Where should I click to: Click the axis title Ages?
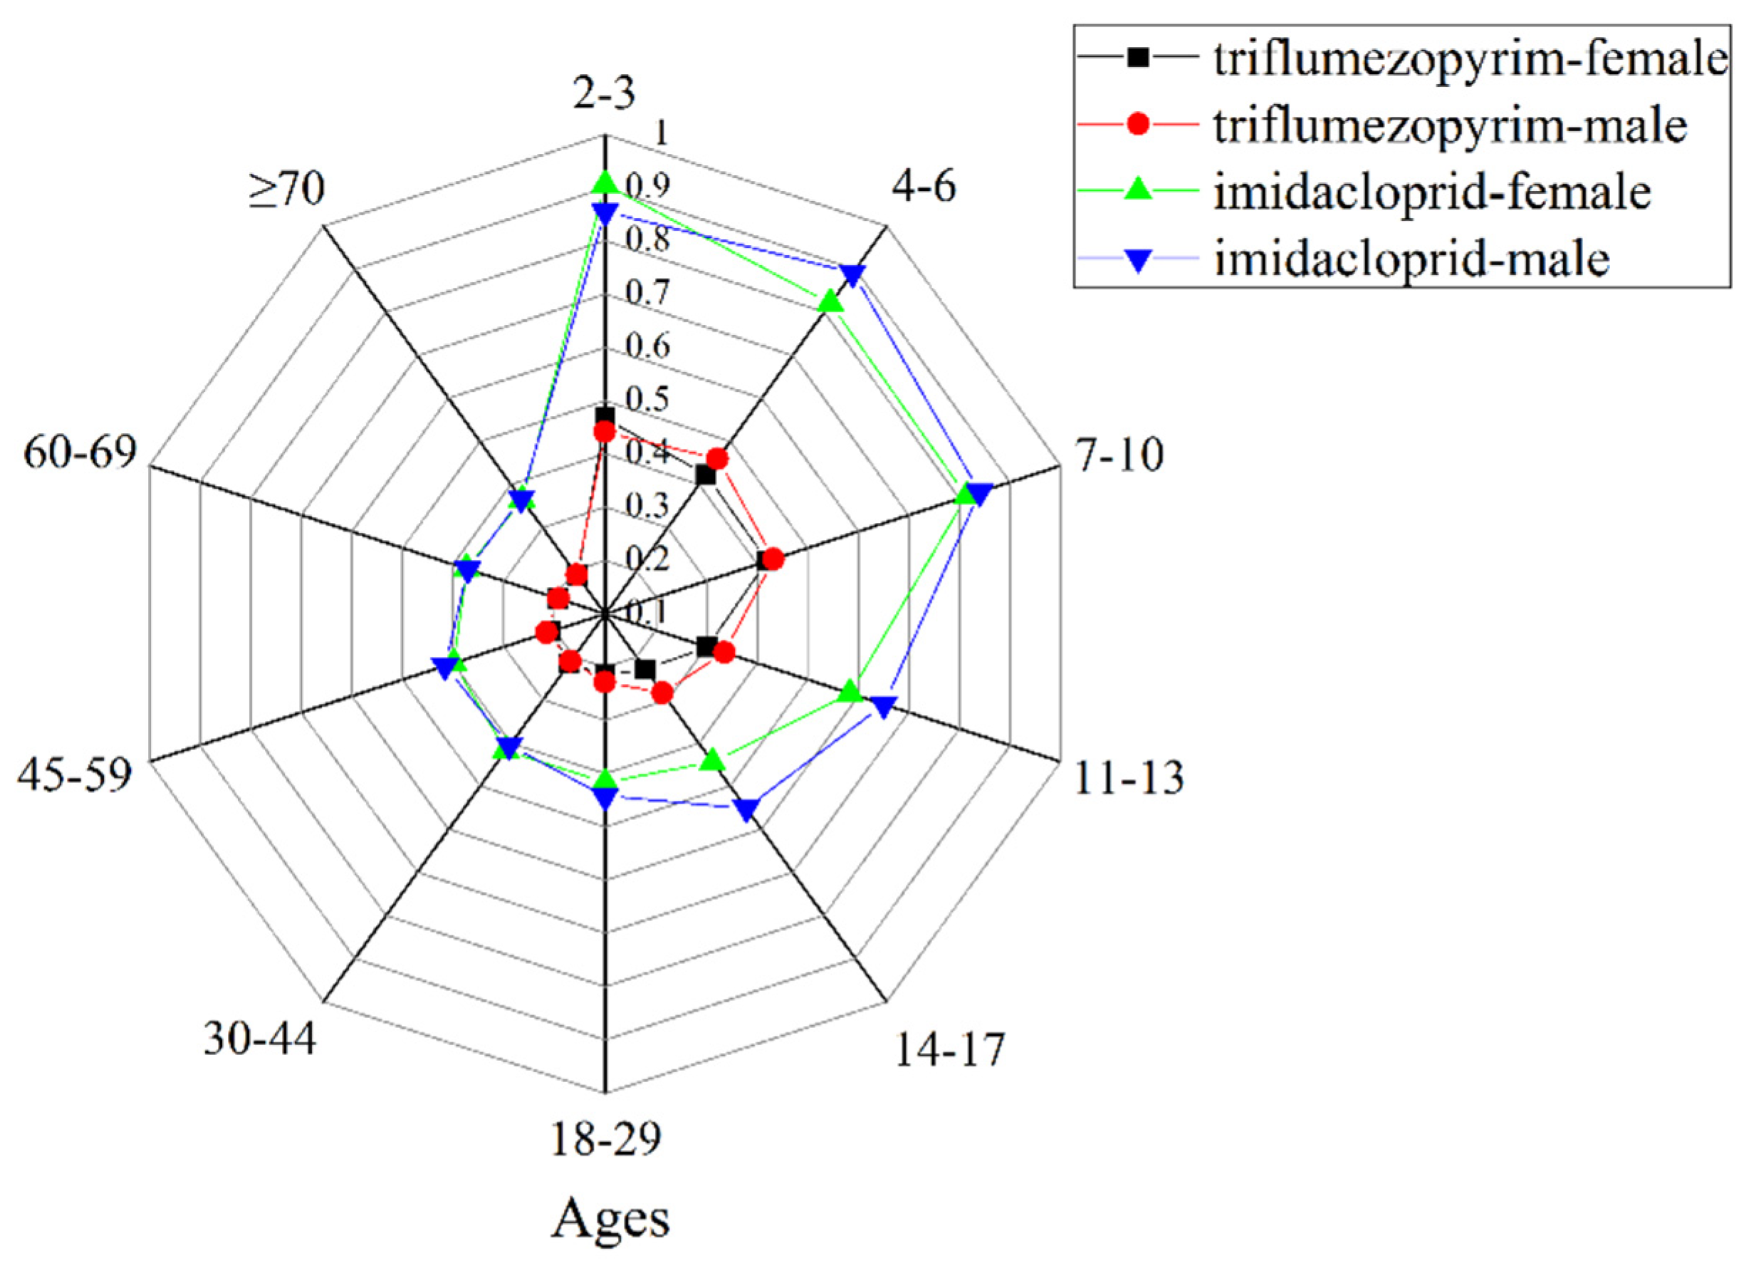tap(610, 1218)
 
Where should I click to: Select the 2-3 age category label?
tap(605, 93)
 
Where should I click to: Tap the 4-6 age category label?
tap(923, 186)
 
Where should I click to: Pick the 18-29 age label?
tap(605, 1139)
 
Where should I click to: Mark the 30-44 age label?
tap(260, 1039)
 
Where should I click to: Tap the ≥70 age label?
tap(286, 189)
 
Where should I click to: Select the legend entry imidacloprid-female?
tap(1431, 192)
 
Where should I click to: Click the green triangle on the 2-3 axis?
tap(605, 182)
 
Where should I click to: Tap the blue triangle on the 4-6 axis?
tap(852, 274)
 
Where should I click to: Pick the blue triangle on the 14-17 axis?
tap(746, 809)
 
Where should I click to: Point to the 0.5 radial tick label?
tap(648, 399)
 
